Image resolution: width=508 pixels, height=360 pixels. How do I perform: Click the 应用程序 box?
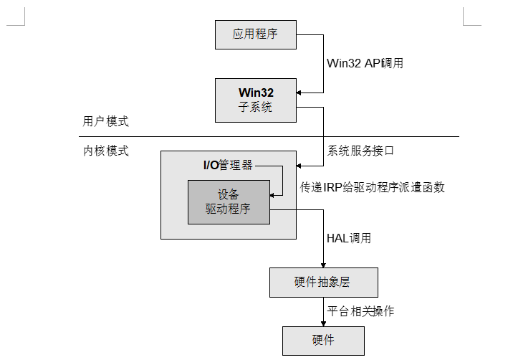pos(255,34)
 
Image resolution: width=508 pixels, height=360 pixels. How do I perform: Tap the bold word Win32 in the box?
pos(256,93)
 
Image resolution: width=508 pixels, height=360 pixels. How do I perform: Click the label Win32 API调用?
pos(365,62)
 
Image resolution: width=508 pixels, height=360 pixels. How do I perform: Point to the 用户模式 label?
pos(105,121)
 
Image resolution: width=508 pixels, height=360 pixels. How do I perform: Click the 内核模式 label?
pos(105,151)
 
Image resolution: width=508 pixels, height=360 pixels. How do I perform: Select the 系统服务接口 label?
pos(361,151)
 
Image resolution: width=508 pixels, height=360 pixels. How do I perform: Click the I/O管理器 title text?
pos(228,165)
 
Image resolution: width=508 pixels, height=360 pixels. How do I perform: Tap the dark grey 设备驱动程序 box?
pos(229,202)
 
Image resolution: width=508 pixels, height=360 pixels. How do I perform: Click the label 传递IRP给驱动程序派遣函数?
pos(373,187)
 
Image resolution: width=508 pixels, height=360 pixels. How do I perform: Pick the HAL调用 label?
pos(349,238)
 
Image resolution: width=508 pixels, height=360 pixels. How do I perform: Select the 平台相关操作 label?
pos(360,311)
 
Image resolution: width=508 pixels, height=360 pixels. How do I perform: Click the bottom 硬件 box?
pos(323,340)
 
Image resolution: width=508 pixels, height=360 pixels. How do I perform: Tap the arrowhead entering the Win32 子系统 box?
pos(300,93)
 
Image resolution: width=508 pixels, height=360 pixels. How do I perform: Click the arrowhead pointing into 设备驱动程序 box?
pos(273,194)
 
